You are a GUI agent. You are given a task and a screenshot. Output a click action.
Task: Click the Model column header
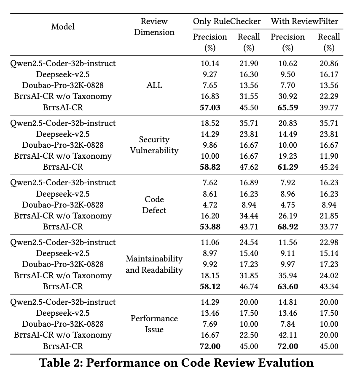[x=63, y=27]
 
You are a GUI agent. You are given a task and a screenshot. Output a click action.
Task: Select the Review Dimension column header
[x=154, y=27]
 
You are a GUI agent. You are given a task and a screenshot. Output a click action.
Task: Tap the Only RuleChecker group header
[x=226, y=21]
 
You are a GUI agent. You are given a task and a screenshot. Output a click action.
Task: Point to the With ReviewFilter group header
[x=304, y=21]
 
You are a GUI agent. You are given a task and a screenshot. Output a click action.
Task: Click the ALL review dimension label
[x=154, y=85]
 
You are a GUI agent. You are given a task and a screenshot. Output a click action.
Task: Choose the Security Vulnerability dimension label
[x=154, y=145]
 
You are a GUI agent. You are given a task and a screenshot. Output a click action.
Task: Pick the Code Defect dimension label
[x=154, y=205]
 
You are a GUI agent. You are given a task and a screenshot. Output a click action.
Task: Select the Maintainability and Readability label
[x=154, y=264]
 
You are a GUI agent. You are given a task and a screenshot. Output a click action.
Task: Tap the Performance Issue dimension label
[x=154, y=324]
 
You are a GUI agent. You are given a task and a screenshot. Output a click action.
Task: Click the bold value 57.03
[x=210, y=107]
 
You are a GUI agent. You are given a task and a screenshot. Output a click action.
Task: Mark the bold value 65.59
[x=288, y=107]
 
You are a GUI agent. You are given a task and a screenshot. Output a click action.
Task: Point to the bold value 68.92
[x=288, y=226]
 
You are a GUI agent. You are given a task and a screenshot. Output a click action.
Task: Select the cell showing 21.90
[x=249, y=64]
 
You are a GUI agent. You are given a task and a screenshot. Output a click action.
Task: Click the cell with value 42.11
[x=288, y=335]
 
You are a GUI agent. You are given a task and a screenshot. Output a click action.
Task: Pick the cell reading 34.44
[x=249, y=216]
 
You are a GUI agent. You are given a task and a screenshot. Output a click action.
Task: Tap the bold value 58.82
[x=210, y=167]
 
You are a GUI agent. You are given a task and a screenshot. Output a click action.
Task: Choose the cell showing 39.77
[x=329, y=107]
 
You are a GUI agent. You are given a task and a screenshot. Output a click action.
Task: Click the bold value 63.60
[x=288, y=286]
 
